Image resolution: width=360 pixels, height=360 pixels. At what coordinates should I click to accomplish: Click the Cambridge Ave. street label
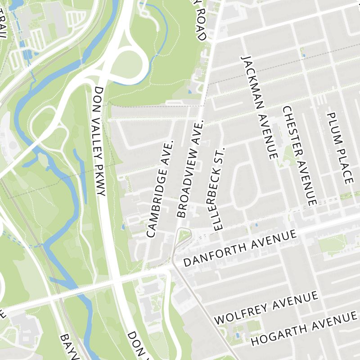(160, 189)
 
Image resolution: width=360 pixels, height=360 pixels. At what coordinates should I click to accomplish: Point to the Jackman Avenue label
(258, 108)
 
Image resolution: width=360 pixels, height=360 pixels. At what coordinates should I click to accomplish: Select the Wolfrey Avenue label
(267, 307)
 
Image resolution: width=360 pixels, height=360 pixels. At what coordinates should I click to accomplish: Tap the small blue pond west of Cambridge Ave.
(123, 227)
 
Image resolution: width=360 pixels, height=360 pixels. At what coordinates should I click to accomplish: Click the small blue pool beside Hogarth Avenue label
(237, 335)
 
